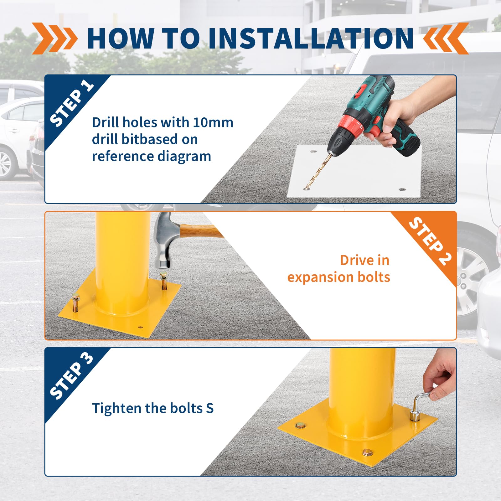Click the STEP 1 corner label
[x=71, y=103]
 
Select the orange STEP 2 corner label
[x=430, y=241]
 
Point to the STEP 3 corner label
[x=71, y=376]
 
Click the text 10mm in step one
[x=213, y=122]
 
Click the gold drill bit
[x=318, y=172]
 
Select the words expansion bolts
[x=338, y=277]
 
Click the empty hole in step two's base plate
[x=140, y=327]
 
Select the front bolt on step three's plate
[x=367, y=452]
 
